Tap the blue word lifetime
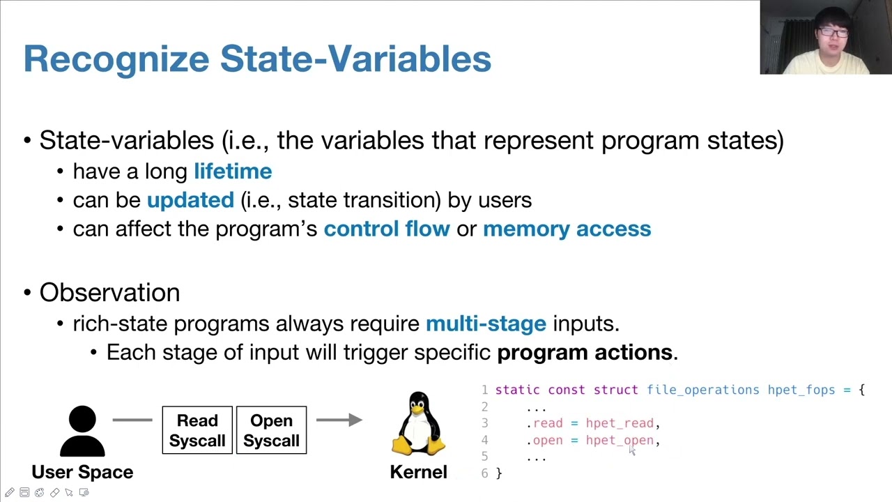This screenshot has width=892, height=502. [x=233, y=172]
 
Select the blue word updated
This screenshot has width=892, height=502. [x=190, y=201]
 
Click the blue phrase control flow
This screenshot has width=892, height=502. [x=387, y=229]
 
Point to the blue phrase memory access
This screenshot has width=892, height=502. [x=567, y=229]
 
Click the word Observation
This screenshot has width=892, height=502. [x=109, y=293]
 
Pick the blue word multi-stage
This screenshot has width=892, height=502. [x=486, y=324]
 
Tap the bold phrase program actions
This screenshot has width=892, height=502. [x=584, y=353]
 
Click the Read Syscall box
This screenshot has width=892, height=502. [x=197, y=430]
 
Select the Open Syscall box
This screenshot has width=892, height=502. [x=271, y=430]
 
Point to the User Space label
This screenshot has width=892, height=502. [x=82, y=472]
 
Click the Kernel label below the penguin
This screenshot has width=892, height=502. [x=418, y=472]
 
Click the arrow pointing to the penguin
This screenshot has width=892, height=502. [x=339, y=420]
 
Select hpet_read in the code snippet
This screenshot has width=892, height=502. [x=620, y=423]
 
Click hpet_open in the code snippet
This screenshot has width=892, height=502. [x=620, y=441]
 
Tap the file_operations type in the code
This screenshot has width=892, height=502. [x=702, y=390]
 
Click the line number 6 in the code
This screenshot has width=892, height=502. [x=484, y=473]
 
